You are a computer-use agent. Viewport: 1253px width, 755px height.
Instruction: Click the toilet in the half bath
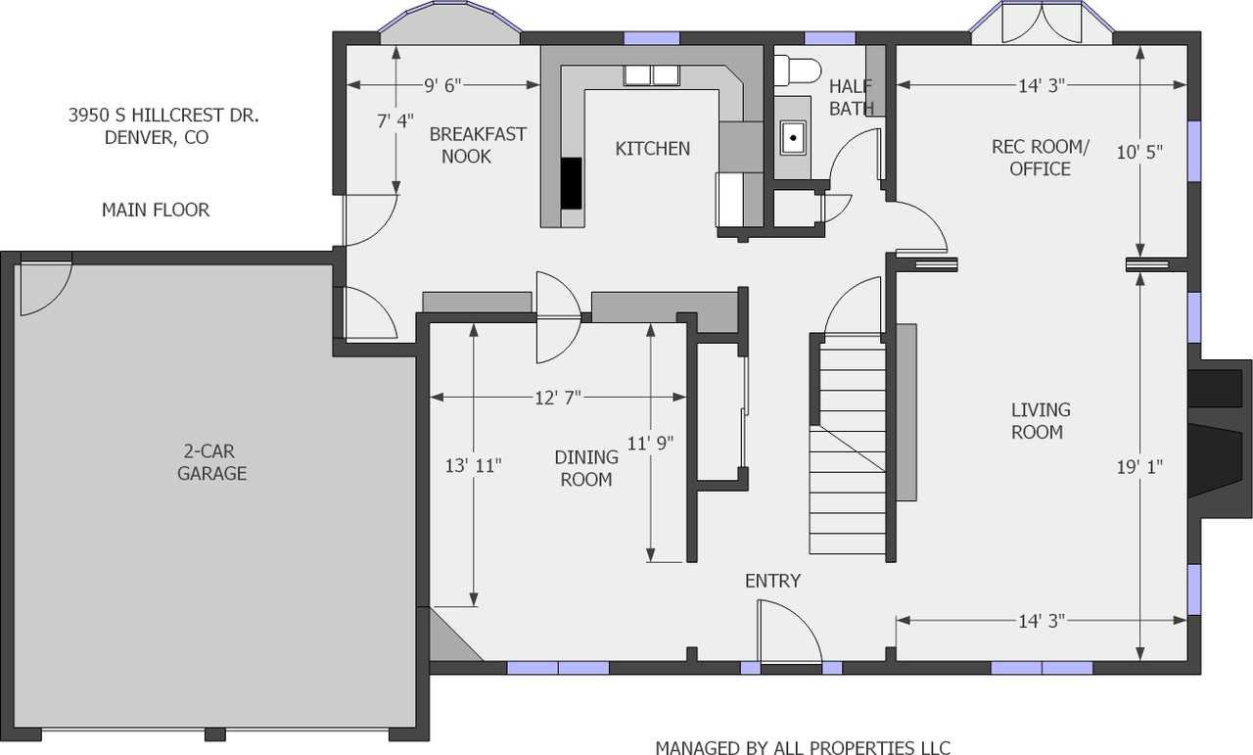click(797, 71)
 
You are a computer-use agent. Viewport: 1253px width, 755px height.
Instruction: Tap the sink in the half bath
click(792, 137)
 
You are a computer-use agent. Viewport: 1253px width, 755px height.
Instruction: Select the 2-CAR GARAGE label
click(211, 463)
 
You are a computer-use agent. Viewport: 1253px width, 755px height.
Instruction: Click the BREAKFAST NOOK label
click(477, 145)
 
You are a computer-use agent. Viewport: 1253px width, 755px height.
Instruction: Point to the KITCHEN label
click(652, 149)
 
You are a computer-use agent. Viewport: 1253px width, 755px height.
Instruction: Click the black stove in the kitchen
click(571, 183)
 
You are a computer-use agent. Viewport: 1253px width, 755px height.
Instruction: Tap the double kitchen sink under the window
click(652, 74)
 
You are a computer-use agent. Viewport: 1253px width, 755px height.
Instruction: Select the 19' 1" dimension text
click(1140, 467)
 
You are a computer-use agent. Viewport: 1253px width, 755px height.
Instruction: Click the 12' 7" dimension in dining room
click(557, 398)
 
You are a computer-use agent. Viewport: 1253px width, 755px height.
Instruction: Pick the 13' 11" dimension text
click(473, 465)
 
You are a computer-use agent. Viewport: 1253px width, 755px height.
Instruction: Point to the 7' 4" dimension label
click(395, 121)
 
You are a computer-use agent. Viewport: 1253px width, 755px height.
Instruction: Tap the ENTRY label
click(772, 581)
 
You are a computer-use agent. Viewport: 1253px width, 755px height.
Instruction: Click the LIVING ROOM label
click(1040, 421)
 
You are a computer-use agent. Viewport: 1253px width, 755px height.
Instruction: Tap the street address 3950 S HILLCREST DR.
click(162, 116)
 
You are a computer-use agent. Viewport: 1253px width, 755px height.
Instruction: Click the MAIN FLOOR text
click(155, 210)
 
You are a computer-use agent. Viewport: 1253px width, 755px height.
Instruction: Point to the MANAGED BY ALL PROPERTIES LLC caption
click(802, 747)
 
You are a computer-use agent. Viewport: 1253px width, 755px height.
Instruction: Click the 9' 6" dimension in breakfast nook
click(442, 85)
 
